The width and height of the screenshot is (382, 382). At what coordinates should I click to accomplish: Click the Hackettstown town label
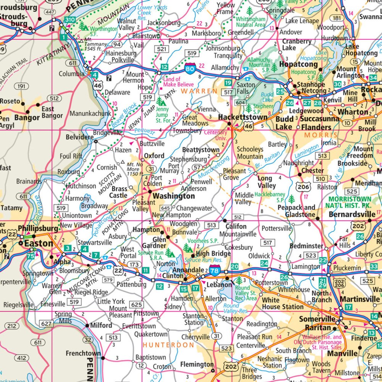pyautogui.click(x=243, y=118)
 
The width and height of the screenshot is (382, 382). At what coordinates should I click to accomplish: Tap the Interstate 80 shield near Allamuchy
pyautogui.click(x=190, y=69)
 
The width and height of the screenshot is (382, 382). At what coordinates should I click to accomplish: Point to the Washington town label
pyautogui.click(x=174, y=196)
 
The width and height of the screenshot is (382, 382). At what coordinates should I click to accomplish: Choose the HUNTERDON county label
pyautogui.click(x=168, y=345)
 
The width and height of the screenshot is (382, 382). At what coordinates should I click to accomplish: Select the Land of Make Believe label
pyautogui.click(x=178, y=82)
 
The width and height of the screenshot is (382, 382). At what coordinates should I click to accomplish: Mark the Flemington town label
pyautogui.click(x=197, y=364)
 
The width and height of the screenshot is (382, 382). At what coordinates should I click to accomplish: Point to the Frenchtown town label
pyautogui.click(x=83, y=353)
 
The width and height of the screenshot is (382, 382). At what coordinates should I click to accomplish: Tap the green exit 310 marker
pyautogui.click(x=70, y=19)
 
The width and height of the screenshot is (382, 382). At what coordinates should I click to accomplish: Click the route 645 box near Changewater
pyautogui.click(x=165, y=208)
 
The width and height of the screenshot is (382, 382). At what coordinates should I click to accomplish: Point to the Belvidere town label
pyautogui.click(x=79, y=137)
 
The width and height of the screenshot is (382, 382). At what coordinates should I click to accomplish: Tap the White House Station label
pyautogui.click(x=283, y=303)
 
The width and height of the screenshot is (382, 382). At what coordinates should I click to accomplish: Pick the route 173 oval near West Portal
pyautogui.click(x=134, y=264)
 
